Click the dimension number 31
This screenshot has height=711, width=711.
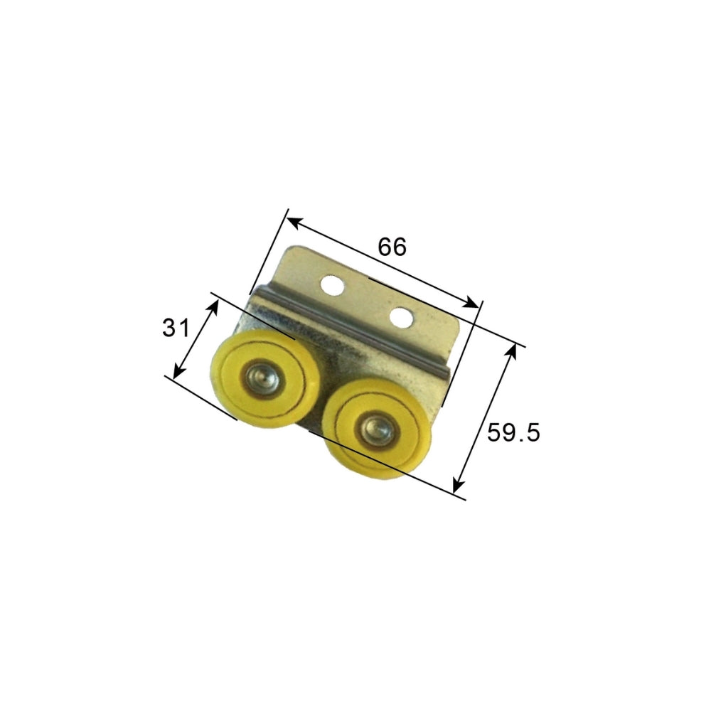click(176, 327)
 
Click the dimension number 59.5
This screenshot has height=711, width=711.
click(513, 432)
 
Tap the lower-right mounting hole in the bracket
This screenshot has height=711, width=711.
click(401, 317)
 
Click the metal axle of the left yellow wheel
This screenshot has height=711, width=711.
click(260, 378)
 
